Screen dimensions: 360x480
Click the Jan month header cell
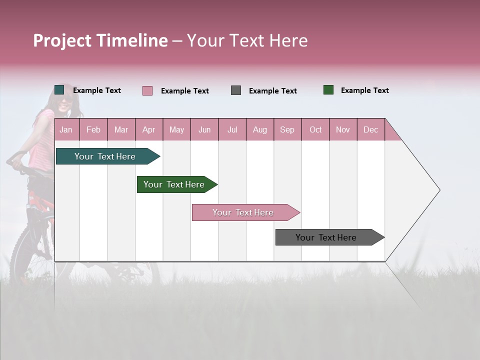pyautogui.click(x=66, y=129)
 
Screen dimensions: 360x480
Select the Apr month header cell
pyautogui.click(x=149, y=129)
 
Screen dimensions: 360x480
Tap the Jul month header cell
pyautogui.click(x=232, y=129)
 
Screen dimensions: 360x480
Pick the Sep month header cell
pyautogui.click(x=287, y=129)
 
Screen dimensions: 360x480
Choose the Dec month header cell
pyautogui.click(x=370, y=129)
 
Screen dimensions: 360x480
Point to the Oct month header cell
pyautogui.click(x=315, y=129)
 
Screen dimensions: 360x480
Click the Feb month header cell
pyautogui.click(x=93, y=129)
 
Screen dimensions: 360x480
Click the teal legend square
pyautogui.click(x=59, y=90)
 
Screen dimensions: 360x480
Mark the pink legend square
pyautogui.click(x=147, y=90)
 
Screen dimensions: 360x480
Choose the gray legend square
pyautogui.click(x=236, y=90)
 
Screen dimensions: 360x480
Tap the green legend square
pyautogui.click(x=328, y=90)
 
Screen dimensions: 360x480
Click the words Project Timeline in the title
pyautogui.click(x=100, y=40)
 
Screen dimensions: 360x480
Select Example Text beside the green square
pyautogui.click(x=364, y=90)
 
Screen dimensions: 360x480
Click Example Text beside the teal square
pyautogui.click(x=97, y=90)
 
